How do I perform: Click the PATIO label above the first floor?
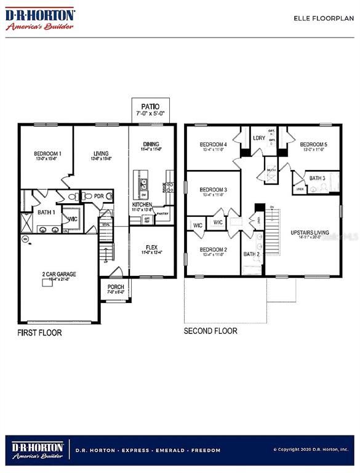click(151, 106)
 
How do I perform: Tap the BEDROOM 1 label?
click(47, 153)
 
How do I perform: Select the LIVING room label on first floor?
click(101, 153)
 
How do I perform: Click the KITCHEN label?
click(142, 204)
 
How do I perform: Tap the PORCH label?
click(116, 286)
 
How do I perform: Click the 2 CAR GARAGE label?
click(59, 274)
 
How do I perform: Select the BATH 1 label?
click(47, 212)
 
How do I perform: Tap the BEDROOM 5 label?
click(313, 145)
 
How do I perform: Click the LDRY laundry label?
click(259, 138)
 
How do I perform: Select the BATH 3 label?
click(317, 178)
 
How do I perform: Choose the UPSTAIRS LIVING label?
click(310, 233)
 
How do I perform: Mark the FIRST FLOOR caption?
click(40, 333)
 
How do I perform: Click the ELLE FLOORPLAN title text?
click(323, 18)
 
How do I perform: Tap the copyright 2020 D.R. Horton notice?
click(311, 450)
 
